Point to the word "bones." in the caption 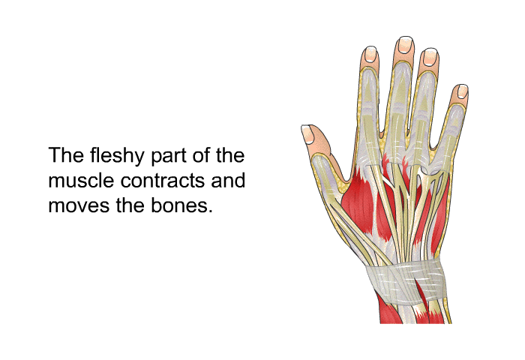coord(181,205)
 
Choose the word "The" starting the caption coord(66,155)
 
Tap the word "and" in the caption coord(228,180)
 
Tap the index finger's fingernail coord(370,54)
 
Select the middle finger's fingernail coord(405,45)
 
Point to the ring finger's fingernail coord(430,57)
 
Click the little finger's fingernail coord(462,91)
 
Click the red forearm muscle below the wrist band coord(388,311)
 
